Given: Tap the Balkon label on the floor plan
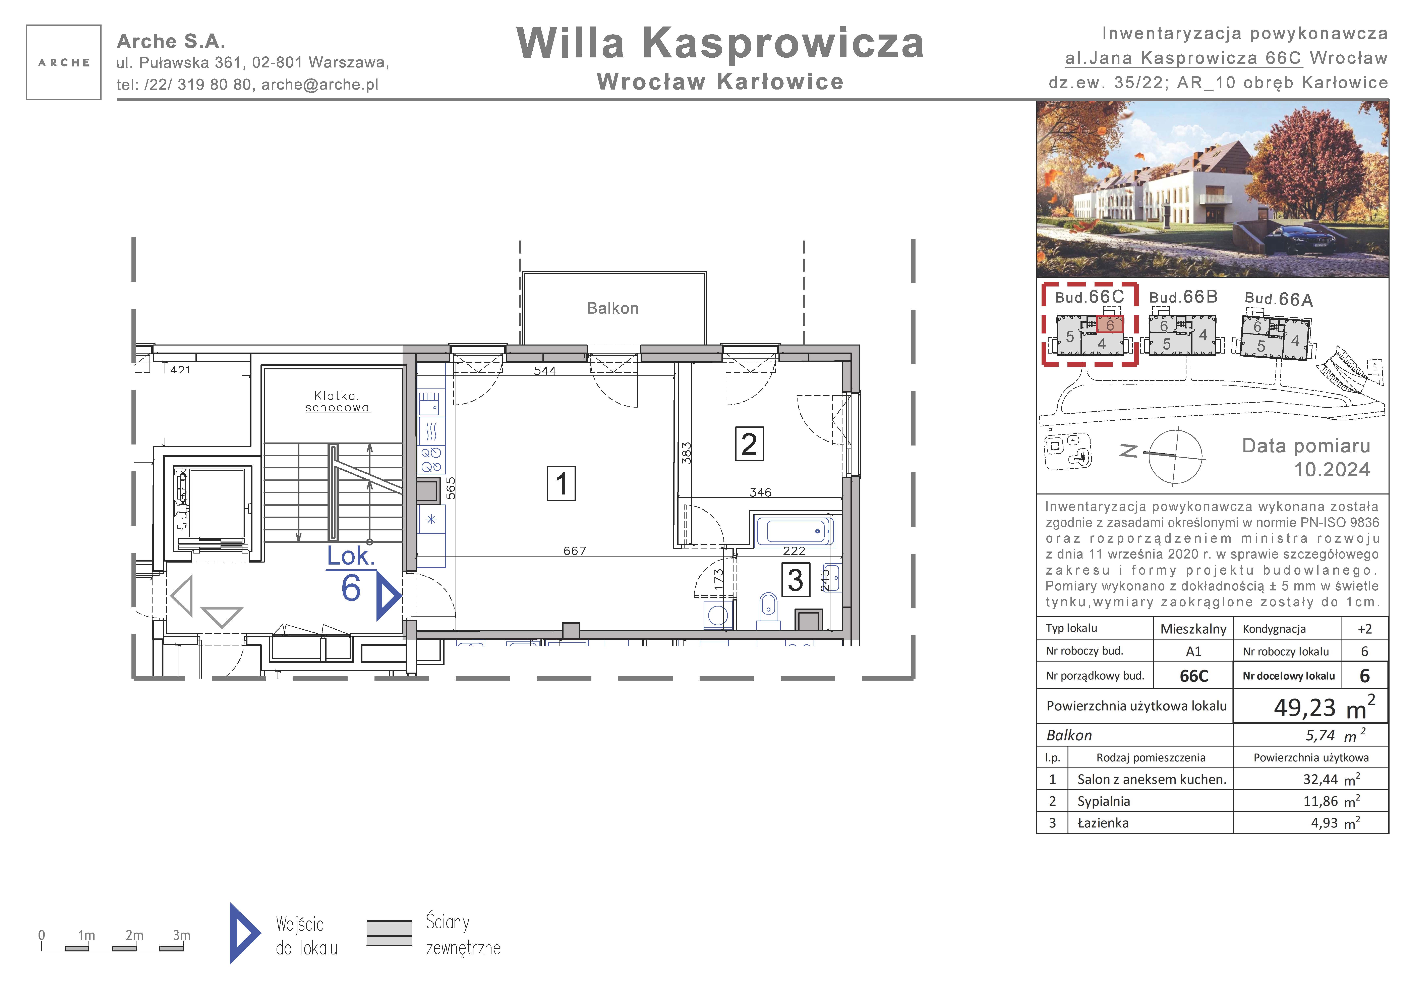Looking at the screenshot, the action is (x=613, y=308).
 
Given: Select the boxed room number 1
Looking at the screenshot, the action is (x=561, y=484).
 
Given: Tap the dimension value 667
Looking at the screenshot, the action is (x=575, y=551).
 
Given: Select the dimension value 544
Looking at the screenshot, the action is (x=545, y=371).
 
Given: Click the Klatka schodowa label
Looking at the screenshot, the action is (x=337, y=401).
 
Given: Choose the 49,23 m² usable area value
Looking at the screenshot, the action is (x=1325, y=707).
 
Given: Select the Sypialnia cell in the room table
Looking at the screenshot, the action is (x=1104, y=801).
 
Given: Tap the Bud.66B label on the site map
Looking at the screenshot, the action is (x=1183, y=297).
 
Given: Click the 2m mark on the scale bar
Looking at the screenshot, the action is (x=134, y=935).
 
